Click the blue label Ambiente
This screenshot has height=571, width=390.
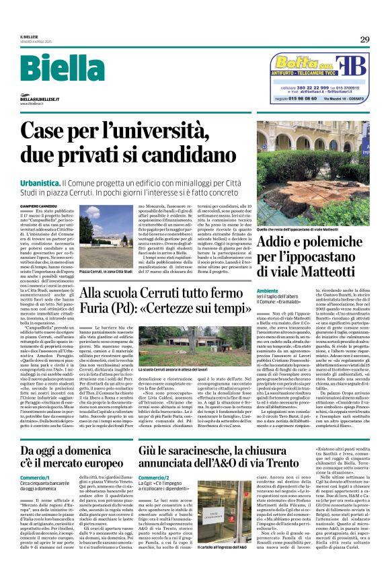point(266,290)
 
